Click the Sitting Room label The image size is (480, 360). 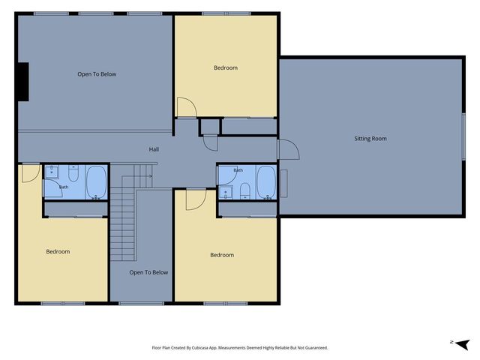pos(370,139)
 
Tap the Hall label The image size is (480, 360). pos(154,149)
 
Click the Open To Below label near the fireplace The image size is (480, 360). pos(97,74)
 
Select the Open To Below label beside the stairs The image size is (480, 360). pos(148,272)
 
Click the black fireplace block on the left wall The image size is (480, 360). pos(23,82)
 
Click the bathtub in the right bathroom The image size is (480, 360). pos(266,182)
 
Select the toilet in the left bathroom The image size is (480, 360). pos(73,173)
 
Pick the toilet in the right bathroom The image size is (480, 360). pos(245,191)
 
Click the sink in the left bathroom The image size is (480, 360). pos(52,172)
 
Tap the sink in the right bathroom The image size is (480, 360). pos(226,192)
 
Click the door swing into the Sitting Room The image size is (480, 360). pos(289,149)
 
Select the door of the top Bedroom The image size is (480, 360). pos(187,107)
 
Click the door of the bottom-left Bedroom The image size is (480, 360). pos(31,173)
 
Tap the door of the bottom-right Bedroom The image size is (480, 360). pos(196,200)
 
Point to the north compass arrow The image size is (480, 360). pos(462,344)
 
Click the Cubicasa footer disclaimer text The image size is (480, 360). pos(240,348)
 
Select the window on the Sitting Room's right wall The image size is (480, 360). pos(463,136)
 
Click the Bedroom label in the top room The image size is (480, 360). pos(226,67)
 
